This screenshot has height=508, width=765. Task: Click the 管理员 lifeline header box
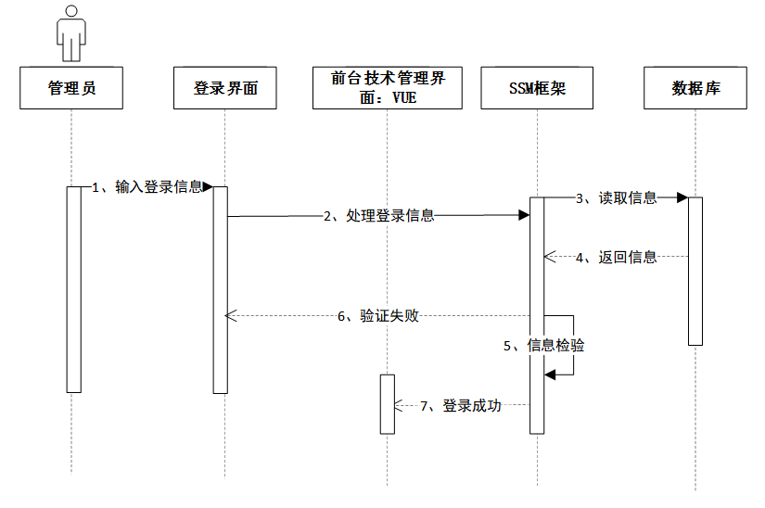[x=71, y=89]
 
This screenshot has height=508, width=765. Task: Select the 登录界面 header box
[x=224, y=89]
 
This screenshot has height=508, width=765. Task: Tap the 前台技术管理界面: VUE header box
[x=388, y=88]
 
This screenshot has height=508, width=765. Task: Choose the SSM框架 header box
[x=538, y=89]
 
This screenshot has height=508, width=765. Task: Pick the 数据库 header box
[x=695, y=89]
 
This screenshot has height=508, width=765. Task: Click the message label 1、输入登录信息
[x=147, y=186]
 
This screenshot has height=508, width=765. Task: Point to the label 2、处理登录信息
[x=378, y=215]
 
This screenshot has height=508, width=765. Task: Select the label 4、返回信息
[x=617, y=257]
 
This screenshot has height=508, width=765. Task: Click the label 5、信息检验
[x=544, y=345]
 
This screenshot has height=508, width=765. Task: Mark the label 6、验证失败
[x=378, y=315]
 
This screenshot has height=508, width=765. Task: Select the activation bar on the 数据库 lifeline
[x=695, y=271]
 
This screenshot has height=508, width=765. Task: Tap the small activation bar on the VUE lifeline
[x=388, y=404]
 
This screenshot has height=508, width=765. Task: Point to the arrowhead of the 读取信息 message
[x=682, y=197]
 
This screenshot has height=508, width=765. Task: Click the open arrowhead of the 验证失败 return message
[x=232, y=315]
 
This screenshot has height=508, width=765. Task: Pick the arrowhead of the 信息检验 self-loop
[x=550, y=374]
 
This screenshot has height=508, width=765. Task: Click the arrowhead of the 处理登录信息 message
[x=524, y=215]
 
